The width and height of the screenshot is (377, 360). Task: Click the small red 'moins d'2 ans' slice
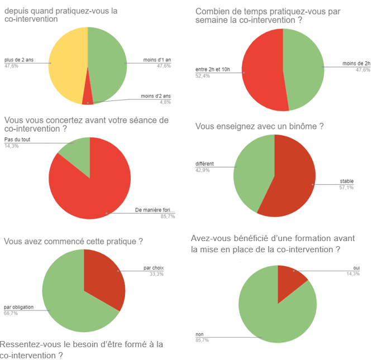coord(87,98)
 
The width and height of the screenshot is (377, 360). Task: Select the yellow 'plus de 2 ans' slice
coord(67,64)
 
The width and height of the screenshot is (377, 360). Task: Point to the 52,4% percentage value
coord(202,76)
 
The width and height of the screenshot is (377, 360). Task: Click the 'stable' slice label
coord(346,181)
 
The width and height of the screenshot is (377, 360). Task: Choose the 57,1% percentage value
coord(346,188)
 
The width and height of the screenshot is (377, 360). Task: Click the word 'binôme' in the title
coord(303,126)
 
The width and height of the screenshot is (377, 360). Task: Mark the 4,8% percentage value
coord(164,102)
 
